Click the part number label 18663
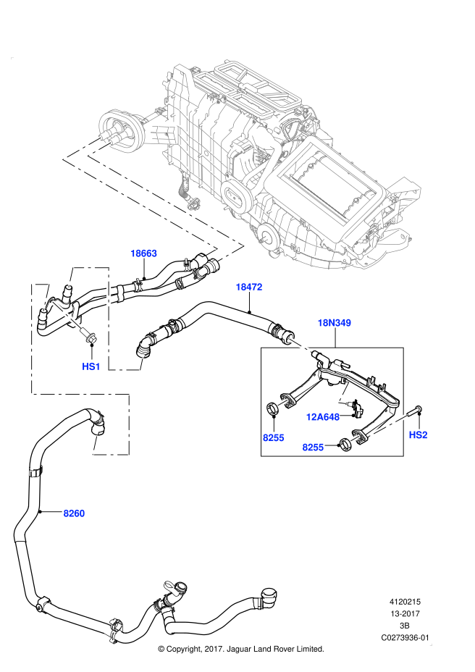point(143,253)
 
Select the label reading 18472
point(248,287)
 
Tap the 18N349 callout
point(334,323)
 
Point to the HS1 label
point(91,367)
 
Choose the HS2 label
point(418,435)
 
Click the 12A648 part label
point(322,417)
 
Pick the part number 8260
point(74,513)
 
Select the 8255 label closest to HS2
point(313,448)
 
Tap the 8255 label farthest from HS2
point(273,438)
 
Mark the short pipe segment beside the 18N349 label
point(300,345)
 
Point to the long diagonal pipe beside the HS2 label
point(387,426)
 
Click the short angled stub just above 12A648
point(343,392)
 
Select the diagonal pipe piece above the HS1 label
point(66,314)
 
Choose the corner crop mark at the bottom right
point(431,644)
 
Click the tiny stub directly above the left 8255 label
point(282,403)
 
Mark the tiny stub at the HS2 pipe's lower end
point(355,438)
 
